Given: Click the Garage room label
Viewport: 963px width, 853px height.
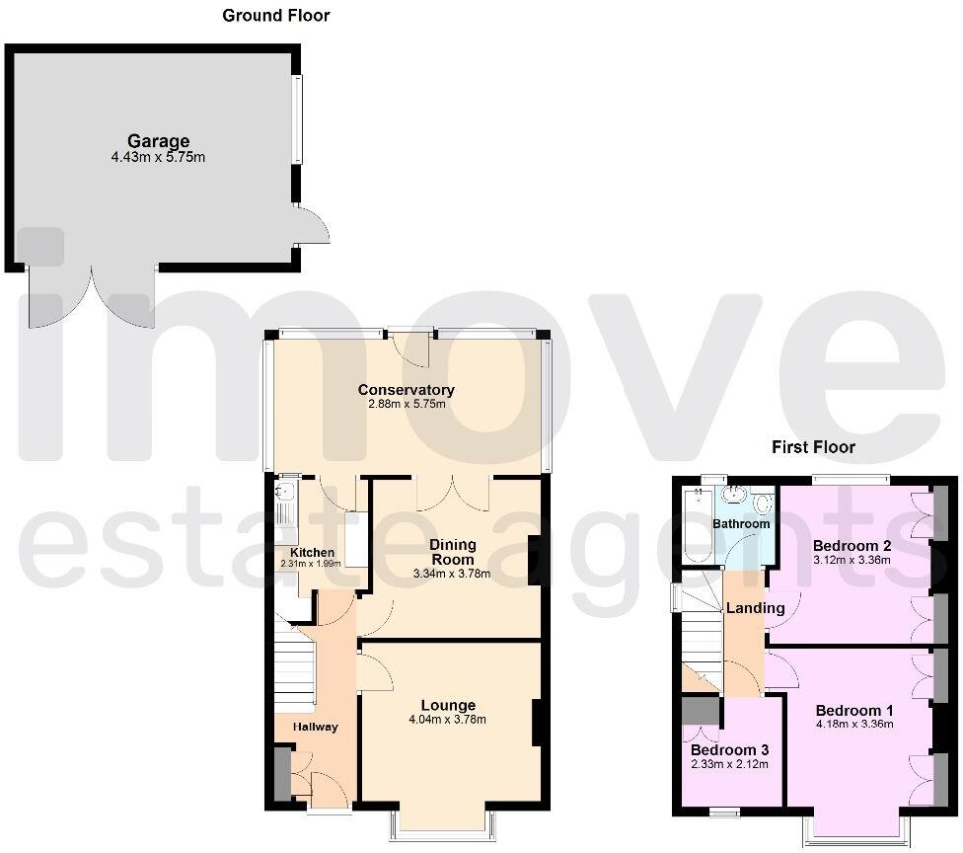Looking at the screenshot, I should pos(157,141).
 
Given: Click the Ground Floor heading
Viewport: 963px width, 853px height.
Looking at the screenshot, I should pos(275,15).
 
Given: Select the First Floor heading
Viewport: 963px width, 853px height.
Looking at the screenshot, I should pos(812,447).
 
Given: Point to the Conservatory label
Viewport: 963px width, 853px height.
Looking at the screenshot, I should pos(406,390).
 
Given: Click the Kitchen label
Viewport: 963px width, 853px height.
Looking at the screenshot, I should pos(311,552).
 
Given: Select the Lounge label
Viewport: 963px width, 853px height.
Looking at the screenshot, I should pos(448,705).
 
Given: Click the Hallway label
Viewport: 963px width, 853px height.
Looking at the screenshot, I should pos(315,728).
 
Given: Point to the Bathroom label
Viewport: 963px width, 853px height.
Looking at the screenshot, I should pos(741,523).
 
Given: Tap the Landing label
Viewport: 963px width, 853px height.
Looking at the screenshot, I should pos(755,608).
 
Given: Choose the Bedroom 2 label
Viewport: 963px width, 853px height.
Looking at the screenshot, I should pos(852,545).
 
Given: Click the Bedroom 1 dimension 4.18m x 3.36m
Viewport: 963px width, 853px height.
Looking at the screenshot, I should pos(854,724).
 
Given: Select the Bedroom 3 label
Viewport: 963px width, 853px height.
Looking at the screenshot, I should pos(728,748).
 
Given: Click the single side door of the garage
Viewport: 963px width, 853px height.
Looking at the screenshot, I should pos(314,226).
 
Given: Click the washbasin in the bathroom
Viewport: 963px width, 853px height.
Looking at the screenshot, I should pos(735,495).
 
